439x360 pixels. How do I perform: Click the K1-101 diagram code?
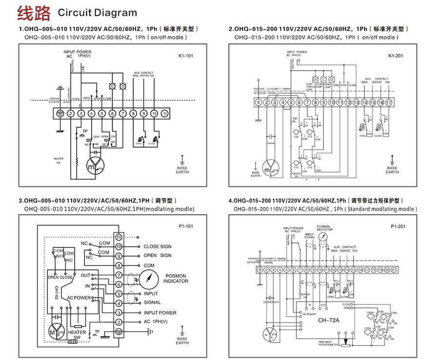186,56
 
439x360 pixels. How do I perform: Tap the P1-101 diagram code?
186,227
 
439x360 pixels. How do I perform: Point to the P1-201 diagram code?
398,227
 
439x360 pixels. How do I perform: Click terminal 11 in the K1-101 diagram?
165,113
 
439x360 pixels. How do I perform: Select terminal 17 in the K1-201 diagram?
389,102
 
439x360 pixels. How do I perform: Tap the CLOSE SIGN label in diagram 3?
157,246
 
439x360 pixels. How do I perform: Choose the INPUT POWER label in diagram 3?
160,313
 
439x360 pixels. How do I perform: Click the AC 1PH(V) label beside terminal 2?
155,322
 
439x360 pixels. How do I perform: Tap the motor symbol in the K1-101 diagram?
96,166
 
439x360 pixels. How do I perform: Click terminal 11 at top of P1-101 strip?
118,237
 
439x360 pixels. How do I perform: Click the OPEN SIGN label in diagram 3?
157,256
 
